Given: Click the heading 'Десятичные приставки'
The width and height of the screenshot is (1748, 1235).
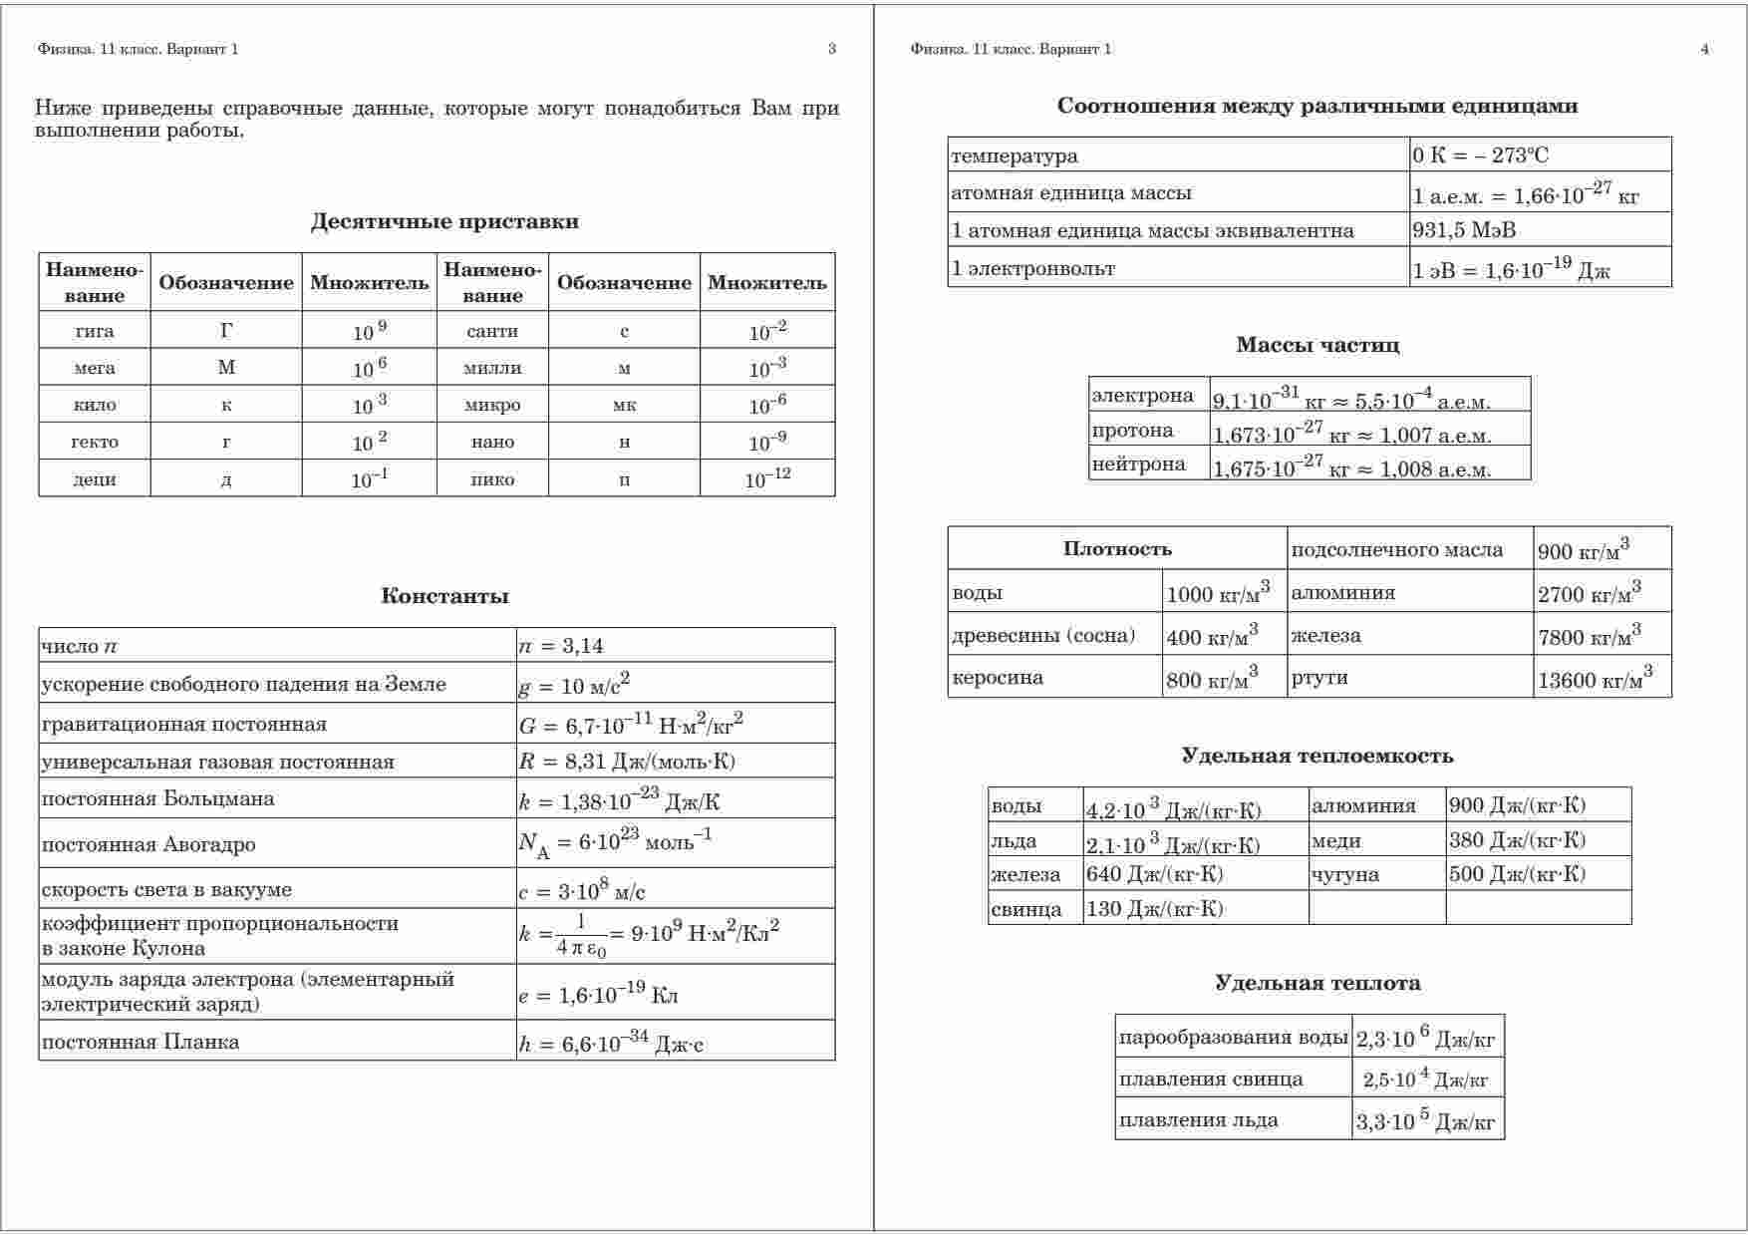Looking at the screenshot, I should click(444, 221).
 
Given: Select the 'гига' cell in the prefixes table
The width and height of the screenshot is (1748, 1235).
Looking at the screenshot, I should click(95, 331).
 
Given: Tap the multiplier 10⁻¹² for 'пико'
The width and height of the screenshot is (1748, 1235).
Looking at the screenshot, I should click(767, 478).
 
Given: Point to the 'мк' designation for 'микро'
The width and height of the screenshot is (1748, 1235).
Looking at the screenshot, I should click(624, 405).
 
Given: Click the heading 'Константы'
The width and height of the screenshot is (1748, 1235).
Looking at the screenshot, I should click(444, 596).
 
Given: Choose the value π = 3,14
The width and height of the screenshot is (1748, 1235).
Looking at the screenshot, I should click(561, 646).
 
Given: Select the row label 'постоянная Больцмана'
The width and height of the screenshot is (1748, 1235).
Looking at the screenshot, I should click(157, 798).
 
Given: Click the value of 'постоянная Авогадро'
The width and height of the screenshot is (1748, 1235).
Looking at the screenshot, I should click(614, 843).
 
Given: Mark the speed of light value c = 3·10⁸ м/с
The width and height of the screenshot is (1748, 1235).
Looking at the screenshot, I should click(582, 890).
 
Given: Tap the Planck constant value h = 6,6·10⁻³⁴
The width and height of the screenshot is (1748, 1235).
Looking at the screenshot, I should click(611, 1043).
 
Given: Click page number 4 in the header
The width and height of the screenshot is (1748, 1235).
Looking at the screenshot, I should click(1705, 49).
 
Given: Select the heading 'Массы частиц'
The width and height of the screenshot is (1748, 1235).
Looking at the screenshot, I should click(1317, 345).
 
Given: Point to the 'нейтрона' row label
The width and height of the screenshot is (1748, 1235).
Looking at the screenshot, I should click(1138, 463).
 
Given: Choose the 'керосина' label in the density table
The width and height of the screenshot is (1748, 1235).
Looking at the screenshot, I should click(998, 678).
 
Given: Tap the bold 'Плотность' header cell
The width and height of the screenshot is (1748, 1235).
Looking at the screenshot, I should click(1117, 549).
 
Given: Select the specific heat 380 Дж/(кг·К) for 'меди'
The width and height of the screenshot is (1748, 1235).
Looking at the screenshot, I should click(1517, 840).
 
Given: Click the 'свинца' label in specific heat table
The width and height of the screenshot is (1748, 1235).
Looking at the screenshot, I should click(1026, 909).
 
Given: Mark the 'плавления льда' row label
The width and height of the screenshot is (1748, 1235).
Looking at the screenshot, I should click(1198, 1119).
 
